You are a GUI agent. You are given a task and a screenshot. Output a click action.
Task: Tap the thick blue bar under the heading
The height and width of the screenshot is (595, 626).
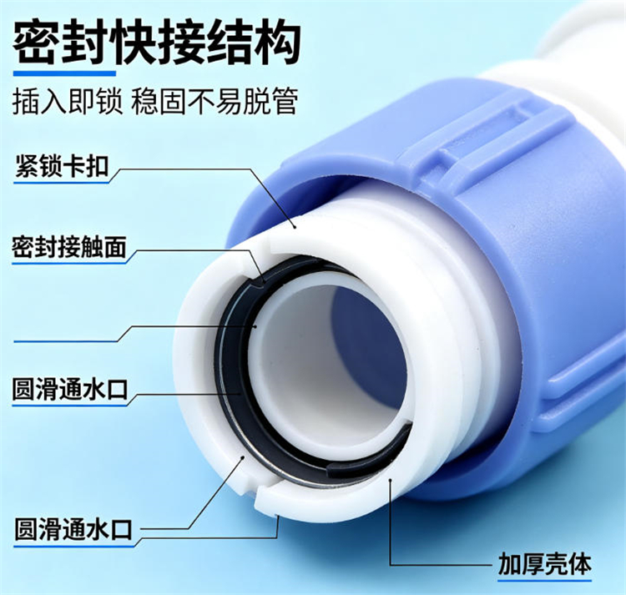pyautogui.click(x=64, y=73)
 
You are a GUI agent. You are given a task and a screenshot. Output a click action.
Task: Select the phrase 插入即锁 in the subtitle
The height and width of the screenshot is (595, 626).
pyautogui.click(x=67, y=101)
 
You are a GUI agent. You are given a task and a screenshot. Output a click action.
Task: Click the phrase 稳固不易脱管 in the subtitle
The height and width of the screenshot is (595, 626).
pyautogui.click(x=215, y=101)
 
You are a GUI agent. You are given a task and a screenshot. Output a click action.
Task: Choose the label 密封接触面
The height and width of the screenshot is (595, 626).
pyautogui.click(x=69, y=247)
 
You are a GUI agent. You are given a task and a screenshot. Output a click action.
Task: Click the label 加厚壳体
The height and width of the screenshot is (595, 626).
pyautogui.click(x=544, y=564)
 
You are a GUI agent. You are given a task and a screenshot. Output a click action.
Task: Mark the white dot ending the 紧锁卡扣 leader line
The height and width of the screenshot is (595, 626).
pyautogui.click(x=295, y=227)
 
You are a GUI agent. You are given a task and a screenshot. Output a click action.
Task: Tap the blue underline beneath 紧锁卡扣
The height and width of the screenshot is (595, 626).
pyautogui.click(x=61, y=182)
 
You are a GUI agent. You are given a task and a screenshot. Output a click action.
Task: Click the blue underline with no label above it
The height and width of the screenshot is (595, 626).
pyautogui.click(x=66, y=341)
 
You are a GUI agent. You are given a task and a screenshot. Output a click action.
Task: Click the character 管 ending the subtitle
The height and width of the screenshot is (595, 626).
pyautogui.click(x=285, y=101)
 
